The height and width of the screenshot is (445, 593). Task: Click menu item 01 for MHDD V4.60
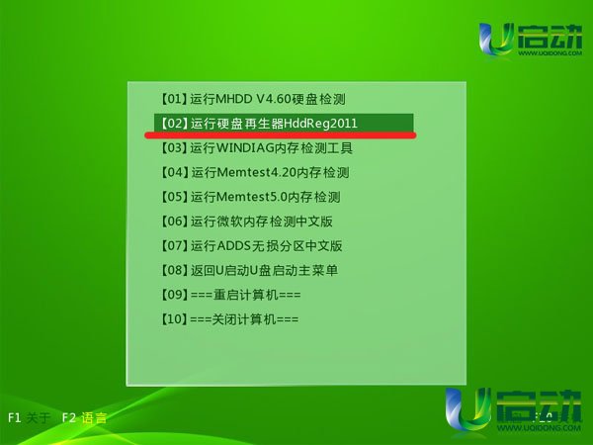click(252, 99)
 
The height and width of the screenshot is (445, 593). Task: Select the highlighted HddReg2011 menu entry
click(284, 123)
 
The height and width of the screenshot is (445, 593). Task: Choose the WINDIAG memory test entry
click(256, 147)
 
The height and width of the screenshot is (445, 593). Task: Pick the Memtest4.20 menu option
click(254, 172)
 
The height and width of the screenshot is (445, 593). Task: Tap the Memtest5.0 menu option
click(250, 197)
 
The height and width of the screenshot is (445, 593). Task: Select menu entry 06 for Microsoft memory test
click(246, 222)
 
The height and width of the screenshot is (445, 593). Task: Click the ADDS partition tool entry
click(251, 246)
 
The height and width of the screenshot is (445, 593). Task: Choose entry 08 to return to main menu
click(249, 270)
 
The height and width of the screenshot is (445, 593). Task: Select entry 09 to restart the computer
click(230, 295)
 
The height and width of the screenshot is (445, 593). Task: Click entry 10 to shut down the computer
click(229, 319)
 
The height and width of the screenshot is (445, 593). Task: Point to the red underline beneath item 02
click(281, 135)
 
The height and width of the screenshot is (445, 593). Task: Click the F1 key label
click(14, 417)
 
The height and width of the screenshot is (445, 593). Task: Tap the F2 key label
click(69, 417)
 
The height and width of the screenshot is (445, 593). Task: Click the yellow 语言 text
click(94, 417)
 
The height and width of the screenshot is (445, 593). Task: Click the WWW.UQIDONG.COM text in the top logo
click(550, 53)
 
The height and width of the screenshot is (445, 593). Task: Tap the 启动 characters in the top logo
click(550, 37)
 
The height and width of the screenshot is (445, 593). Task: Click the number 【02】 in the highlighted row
click(174, 123)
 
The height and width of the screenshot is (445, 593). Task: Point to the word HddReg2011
click(320, 124)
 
